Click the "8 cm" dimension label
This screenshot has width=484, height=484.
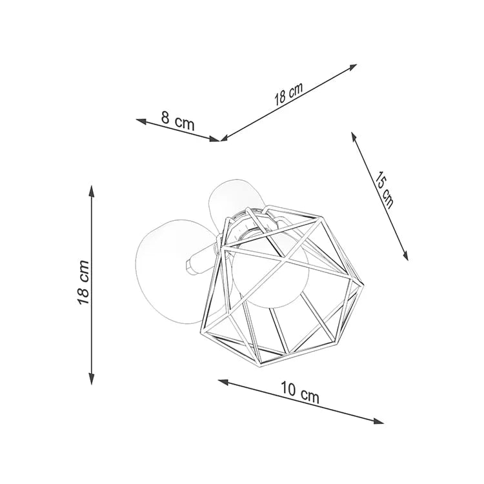177,121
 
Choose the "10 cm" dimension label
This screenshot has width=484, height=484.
299,392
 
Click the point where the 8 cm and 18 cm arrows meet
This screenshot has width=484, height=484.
221,139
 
